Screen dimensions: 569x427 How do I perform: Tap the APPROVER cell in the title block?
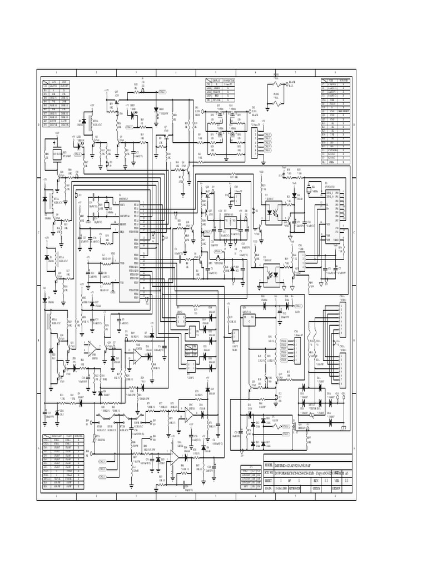295,488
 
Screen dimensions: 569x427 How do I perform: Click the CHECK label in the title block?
316,488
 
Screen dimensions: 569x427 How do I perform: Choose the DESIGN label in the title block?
337,488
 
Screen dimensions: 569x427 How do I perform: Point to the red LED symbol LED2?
133,111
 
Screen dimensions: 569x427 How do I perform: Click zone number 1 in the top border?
57,73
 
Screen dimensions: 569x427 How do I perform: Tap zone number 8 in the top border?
335,73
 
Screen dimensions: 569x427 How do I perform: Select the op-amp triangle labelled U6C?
190,413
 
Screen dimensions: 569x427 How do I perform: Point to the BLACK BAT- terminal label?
291,84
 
